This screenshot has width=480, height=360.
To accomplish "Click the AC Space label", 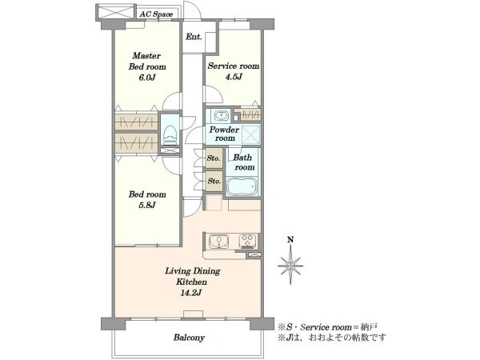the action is [x=156, y=14].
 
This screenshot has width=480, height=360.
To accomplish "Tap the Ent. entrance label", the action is [x=194, y=37].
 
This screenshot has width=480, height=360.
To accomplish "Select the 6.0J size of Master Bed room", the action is [x=147, y=78].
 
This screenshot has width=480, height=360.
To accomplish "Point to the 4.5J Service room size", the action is [x=234, y=77].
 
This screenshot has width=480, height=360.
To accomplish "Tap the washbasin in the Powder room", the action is [x=221, y=116].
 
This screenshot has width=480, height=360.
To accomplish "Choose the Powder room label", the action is [x=224, y=134].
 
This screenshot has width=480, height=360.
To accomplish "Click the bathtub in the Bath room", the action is [x=242, y=186].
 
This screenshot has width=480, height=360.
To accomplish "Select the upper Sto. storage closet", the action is [x=214, y=158].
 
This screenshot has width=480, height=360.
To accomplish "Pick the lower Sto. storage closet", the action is [x=214, y=181].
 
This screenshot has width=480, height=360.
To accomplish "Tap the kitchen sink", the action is [x=218, y=242].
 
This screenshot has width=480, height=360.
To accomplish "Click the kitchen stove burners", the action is [x=248, y=241].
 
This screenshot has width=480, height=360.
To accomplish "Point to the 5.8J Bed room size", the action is [x=147, y=205].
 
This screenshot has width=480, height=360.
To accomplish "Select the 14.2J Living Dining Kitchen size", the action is [x=190, y=293].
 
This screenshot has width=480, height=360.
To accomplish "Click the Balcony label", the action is [x=189, y=338].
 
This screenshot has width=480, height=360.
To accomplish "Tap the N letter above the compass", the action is [x=290, y=240].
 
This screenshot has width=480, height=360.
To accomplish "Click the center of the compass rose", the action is [x=290, y=266].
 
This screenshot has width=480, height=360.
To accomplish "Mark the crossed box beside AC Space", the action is [x=115, y=12].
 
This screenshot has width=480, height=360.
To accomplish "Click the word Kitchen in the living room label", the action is [x=191, y=282].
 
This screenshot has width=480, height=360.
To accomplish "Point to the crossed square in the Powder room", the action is [x=251, y=134].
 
